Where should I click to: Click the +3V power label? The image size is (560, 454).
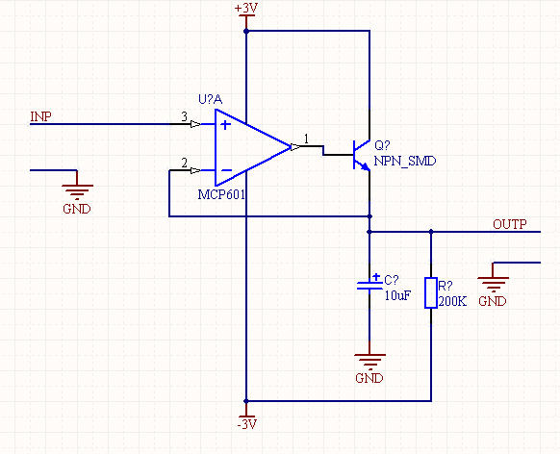pyautogui.click(x=246, y=9)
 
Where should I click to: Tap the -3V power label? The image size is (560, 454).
pyautogui.click(x=246, y=424)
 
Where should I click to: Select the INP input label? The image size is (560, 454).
pyautogui.click(x=40, y=116)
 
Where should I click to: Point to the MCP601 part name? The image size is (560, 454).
pyautogui.click(x=221, y=194)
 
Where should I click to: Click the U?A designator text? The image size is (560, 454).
pyautogui.click(x=211, y=100)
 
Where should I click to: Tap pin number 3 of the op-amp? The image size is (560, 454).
pyautogui.click(x=184, y=116)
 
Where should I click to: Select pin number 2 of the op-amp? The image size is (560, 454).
pyautogui.click(x=184, y=164)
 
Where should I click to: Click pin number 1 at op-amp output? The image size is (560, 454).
pyautogui.click(x=306, y=139)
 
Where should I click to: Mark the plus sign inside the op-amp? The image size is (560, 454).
pyautogui.click(x=225, y=125)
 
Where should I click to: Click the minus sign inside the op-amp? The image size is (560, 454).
pyautogui.click(x=227, y=170)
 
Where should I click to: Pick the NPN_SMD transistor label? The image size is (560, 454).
pyautogui.click(x=405, y=161)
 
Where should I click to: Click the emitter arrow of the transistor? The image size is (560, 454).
pyautogui.click(x=365, y=166)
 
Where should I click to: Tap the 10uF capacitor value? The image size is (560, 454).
pyautogui.click(x=397, y=295)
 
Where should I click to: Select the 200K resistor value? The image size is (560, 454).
pyautogui.click(x=452, y=302)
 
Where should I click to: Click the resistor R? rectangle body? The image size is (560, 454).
pyautogui.click(x=431, y=292)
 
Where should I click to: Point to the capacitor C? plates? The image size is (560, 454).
pyautogui.click(x=369, y=285)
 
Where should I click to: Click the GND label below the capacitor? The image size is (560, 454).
pyautogui.click(x=369, y=378)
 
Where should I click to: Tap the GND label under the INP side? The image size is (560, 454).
pyautogui.click(x=77, y=209)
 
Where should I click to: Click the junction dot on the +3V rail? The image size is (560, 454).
pyautogui.click(x=246, y=32)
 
